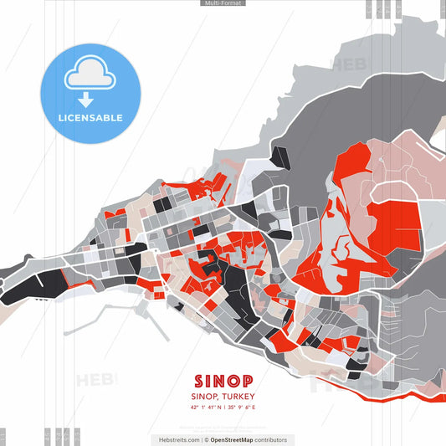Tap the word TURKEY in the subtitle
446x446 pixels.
(x=238, y=396)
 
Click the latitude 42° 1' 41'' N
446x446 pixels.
(x=208, y=408)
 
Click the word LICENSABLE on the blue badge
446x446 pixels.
(x=91, y=118)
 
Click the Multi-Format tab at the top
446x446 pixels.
(x=223, y=3)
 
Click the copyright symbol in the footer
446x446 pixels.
(x=206, y=439)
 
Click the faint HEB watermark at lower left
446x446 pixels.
(x=96, y=380)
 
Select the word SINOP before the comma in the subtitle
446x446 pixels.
(x=205, y=396)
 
